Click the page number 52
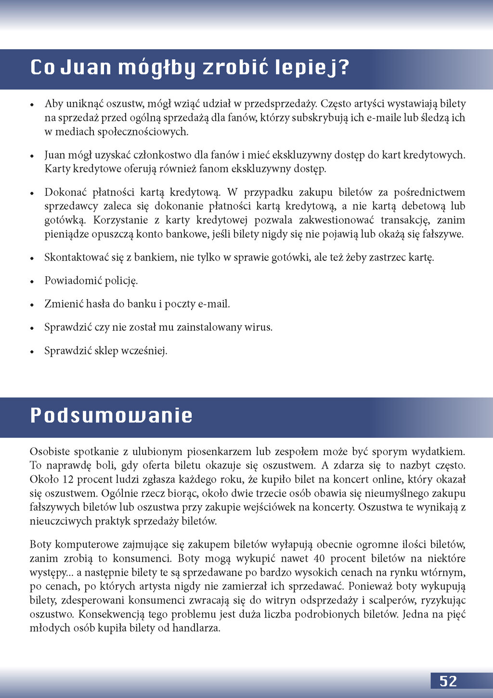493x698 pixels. click(x=448, y=681)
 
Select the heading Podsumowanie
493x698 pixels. click(x=111, y=416)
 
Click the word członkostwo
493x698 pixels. click(x=162, y=155)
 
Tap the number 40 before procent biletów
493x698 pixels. click(x=319, y=559)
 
